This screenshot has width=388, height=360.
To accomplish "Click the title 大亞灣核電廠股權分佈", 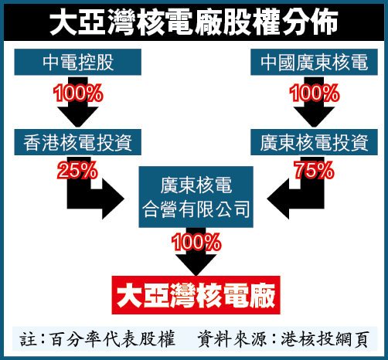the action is (x=194, y=22).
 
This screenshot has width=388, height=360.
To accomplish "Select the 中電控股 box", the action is (x=78, y=62).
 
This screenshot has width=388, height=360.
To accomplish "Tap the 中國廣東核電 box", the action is (x=314, y=62).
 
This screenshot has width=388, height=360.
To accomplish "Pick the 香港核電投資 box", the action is (x=78, y=142).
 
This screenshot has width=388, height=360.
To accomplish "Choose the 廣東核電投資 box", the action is (x=314, y=142).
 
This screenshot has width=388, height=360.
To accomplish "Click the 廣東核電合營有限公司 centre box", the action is (x=196, y=197).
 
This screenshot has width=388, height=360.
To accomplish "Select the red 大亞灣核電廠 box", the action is (x=196, y=295).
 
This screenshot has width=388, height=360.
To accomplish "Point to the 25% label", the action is (x=77, y=170).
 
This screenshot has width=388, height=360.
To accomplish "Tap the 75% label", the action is (x=314, y=170).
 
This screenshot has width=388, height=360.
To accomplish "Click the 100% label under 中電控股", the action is (x=78, y=93).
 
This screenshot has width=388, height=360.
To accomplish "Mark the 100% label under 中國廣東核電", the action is (x=314, y=93).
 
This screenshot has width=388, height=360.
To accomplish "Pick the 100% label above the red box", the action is (x=196, y=242).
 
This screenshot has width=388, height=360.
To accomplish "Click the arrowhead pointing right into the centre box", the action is (x=114, y=199).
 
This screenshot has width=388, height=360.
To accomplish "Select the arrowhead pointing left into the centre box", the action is (x=278, y=199).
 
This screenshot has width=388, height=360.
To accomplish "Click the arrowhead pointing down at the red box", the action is (x=196, y=265).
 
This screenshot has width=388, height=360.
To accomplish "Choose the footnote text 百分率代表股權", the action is (x=113, y=339).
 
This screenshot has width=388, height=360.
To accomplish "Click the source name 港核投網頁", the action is (x=325, y=339).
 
